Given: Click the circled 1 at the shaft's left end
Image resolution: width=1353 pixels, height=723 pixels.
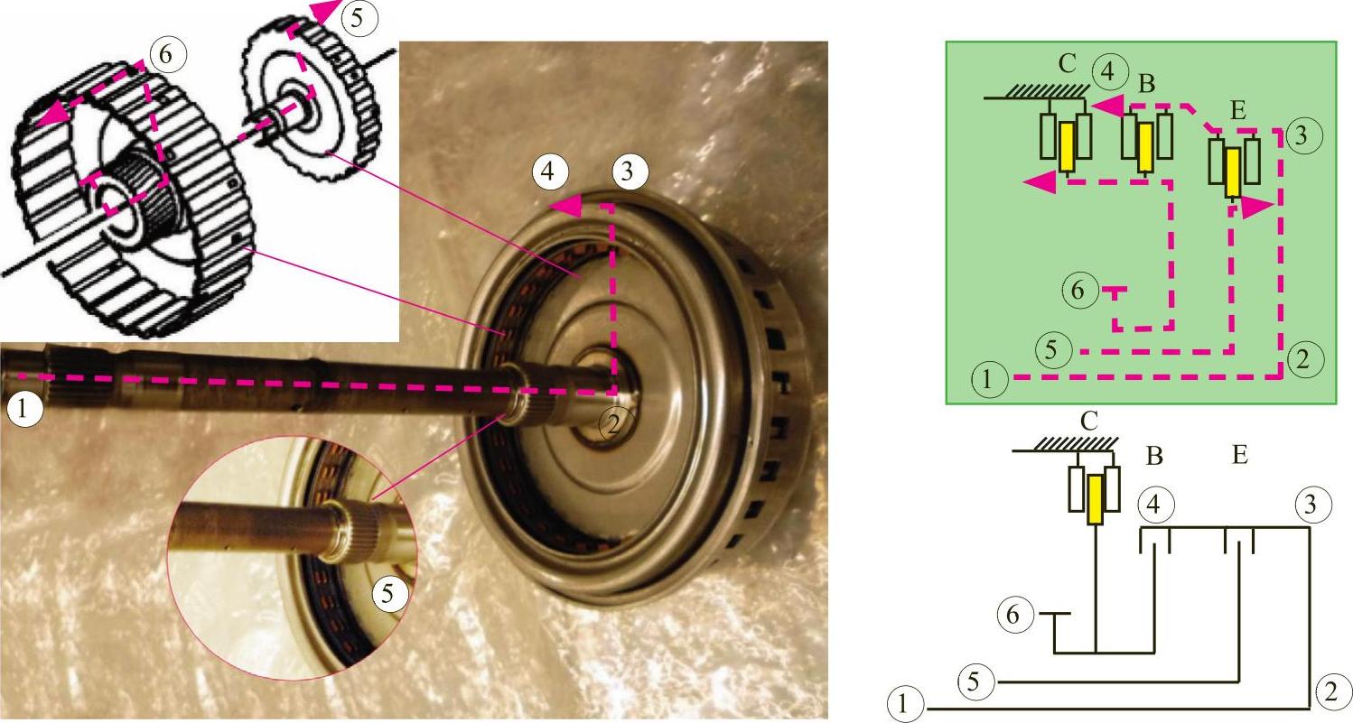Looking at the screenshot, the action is [23, 410].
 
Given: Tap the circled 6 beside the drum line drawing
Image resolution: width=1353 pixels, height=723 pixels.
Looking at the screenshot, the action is [165, 54].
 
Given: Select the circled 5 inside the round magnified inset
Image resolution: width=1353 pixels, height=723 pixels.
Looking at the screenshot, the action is [387, 594].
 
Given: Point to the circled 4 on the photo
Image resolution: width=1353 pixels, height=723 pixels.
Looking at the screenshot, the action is [547, 172].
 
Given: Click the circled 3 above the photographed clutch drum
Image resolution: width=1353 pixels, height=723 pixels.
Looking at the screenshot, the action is [628, 172].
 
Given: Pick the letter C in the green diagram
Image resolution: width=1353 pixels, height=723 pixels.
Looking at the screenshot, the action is [1067, 64].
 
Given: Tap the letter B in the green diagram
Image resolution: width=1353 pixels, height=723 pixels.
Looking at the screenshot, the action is [1146, 85].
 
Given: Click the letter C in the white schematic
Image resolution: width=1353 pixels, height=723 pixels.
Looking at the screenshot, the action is [1088, 422].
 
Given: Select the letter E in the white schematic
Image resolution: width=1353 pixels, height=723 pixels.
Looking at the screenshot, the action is [1239, 454].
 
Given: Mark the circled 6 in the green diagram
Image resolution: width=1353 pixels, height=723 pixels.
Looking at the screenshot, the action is [1078, 291].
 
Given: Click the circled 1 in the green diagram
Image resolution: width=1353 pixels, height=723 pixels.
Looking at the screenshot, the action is [987, 380].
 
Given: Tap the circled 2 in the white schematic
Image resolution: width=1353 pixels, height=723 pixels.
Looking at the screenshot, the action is [1330, 691].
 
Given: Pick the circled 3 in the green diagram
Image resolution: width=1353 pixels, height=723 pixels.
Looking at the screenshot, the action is [1302, 134].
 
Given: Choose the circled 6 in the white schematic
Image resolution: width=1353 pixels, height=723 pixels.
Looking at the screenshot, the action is [1012, 615].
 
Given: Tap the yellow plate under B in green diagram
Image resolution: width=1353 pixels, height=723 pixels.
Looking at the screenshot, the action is [1144, 148].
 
